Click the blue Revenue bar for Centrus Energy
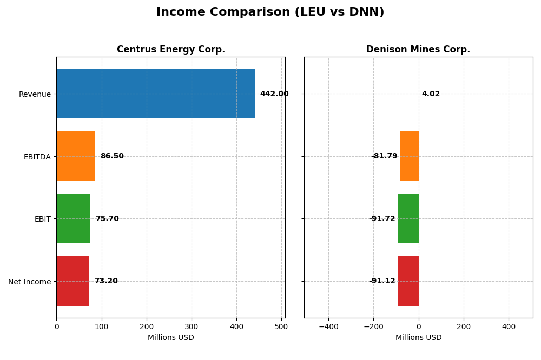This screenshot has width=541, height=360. pyautogui.click(x=156, y=94)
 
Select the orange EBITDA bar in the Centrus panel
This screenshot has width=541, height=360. pyautogui.click(x=76, y=156)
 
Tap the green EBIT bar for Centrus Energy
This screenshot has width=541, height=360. pyautogui.click(x=73, y=218)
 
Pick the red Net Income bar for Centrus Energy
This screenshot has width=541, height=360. pyautogui.click(x=72, y=281)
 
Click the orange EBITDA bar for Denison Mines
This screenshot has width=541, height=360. pyautogui.click(x=409, y=156)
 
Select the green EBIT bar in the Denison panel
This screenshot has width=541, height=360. pyautogui.click(x=408, y=218)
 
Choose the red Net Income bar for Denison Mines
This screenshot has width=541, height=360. pyautogui.click(x=408, y=281)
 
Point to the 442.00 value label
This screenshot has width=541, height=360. pyautogui.click(x=274, y=94)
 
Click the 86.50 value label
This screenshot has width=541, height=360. pyautogui.click(x=112, y=156)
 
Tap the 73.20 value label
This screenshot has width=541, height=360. pyautogui.click(x=106, y=281)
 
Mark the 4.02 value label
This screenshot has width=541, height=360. pyautogui.click(x=431, y=94)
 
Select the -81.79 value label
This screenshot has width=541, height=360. pyautogui.click(x=384, y=156)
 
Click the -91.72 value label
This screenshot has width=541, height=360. pyautogui.click(x=382, y=219)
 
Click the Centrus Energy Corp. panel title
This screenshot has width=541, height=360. pyautogui.click(x=171, y=50)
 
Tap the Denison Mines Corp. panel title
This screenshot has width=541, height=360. pyautogui.click(x=418, y=50)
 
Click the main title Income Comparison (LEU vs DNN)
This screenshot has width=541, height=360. pyautogui.click(x=270, y=12)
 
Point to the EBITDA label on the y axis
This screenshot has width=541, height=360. pyautogui.click(x=37, y=157)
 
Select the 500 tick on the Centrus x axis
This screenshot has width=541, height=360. pyautogui.click(x=281, y=326)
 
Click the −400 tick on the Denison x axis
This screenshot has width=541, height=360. pyautogui.click(x=328, y=326)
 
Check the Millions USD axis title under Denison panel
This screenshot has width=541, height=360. pyautogui.click(x=418, y=337)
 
